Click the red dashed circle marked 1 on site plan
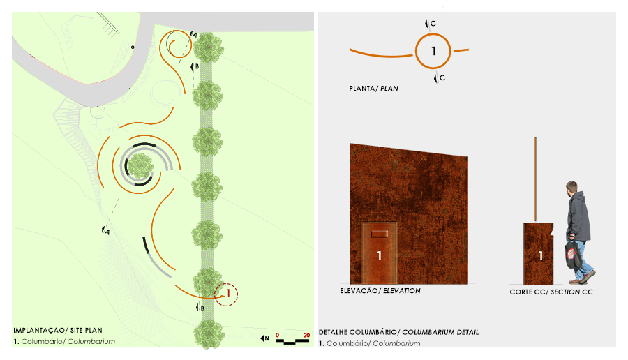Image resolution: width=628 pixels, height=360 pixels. pyautogui.click(x=226, y=284)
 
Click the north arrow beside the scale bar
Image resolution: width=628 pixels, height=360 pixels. pyautogui.click(x=264, y=338)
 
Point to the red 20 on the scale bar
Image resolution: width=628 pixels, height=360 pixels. pyautogui.click(x=306, y=336)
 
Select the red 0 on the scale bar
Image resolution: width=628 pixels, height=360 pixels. pyautogui.click(x=277, y=336)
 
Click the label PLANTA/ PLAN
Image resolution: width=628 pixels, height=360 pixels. pyautogui.click(x=373, y=88)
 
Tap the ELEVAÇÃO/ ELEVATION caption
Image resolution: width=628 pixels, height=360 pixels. pyautogui.click(x=380, y=291)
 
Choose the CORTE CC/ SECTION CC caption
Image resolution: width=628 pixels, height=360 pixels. pyautogui.click(x=551, y=292)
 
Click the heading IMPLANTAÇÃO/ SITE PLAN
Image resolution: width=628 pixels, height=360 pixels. pyautogui.click(x=58, y=331)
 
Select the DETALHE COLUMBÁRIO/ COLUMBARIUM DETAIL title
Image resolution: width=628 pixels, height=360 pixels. pyautogui.click(x=398, y=332)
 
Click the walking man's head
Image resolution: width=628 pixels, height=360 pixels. pyautogui.click(x=571, y=188)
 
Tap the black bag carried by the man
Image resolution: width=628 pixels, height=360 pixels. pyautogui.click(x=573, y=253)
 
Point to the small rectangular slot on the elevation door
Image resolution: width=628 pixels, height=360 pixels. pyautogui.click(x=379, y=234)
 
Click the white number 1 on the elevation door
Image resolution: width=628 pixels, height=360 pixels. pyautogui.click(x=379, y=256)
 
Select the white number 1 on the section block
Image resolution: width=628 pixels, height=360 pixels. pyautogui.click(x=540, y=255)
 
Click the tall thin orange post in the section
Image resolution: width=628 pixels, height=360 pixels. pyautogui.click(x=535, y=179)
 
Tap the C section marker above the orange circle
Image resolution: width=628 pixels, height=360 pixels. pyautogui.click(x=430, y=24)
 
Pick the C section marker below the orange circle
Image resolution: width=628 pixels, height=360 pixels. pyautogui.click(x=439, y=77)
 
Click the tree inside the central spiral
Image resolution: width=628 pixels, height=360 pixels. pyautogui.click(x=140, y=166)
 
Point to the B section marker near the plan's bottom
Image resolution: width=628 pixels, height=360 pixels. pyautogui.click(x=200, y=308)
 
